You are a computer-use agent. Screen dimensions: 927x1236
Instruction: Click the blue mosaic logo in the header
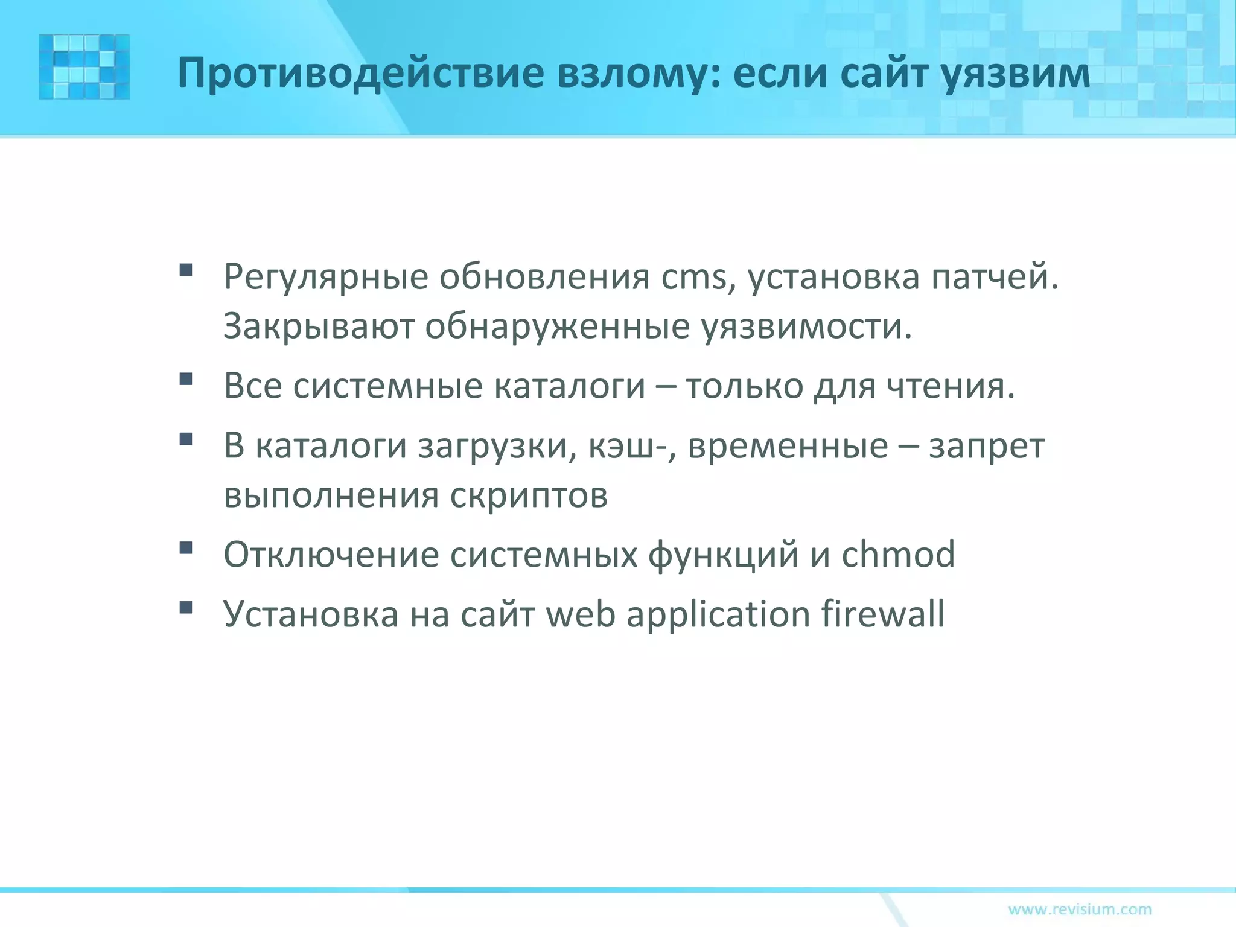click(84, 66)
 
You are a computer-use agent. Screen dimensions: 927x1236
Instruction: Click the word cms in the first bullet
click(693, 278)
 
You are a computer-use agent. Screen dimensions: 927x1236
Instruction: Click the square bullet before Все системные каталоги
click(186, 378)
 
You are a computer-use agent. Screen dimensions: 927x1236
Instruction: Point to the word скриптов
click(529, 495)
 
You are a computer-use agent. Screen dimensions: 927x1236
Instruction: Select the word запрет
click(986, 447)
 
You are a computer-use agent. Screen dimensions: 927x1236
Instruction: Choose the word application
click(718, 614)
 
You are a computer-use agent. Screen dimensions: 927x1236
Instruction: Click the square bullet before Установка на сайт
click(186, 607)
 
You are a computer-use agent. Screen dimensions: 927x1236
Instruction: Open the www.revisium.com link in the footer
click(1080, 909)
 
